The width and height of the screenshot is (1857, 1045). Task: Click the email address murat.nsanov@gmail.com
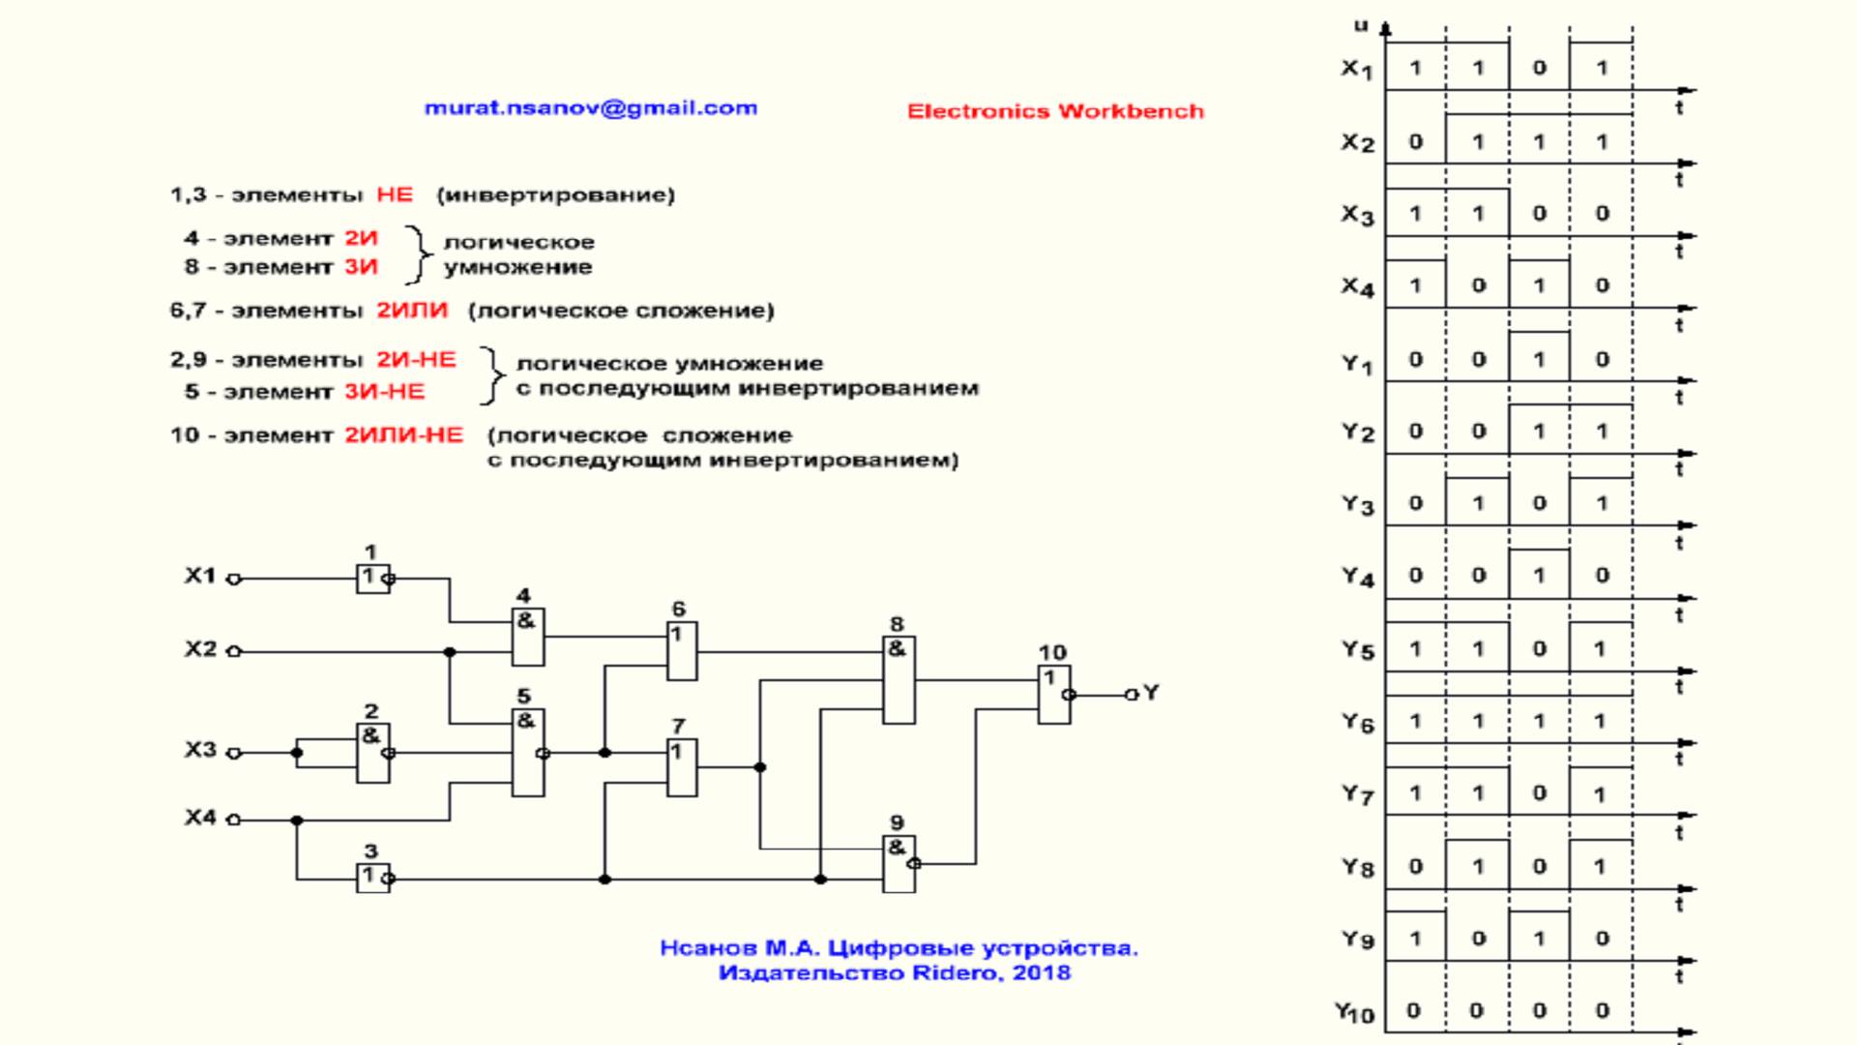tap(590, 108)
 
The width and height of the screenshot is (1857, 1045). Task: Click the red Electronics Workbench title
tap(1055, 111)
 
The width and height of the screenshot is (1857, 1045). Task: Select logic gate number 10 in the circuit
tap(1053, 694)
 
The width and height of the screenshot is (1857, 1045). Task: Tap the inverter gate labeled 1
tap(372, 579)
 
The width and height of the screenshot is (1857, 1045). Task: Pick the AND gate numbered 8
tap(899, 679)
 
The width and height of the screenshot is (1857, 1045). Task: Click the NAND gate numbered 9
tap(899, 863)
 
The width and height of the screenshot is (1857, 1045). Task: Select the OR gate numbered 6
tap(682, 651)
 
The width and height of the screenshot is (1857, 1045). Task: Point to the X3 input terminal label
tap(201, 750)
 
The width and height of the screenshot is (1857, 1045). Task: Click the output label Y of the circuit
tap(1150, 693)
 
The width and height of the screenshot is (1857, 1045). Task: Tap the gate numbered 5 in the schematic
tap(527, 752)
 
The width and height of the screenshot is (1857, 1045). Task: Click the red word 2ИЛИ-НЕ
tap(403, 435)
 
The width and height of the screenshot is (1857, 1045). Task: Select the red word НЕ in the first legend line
tap(395, 194)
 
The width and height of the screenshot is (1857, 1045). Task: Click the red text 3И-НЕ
tap(384, 392)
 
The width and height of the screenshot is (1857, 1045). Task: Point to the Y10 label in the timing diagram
tap(1354, 1012)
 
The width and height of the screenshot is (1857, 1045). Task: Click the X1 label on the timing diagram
tap(1356, 69)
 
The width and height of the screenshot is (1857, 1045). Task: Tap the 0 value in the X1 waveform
tap(1539, 68)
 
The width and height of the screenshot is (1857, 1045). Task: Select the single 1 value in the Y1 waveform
tap(1539, 359)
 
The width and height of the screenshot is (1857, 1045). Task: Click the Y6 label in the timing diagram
tap(1357, 722)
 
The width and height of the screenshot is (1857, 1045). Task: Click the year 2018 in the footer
tap(1042, 972)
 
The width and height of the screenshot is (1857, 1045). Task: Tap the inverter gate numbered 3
tap(372, 878)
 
